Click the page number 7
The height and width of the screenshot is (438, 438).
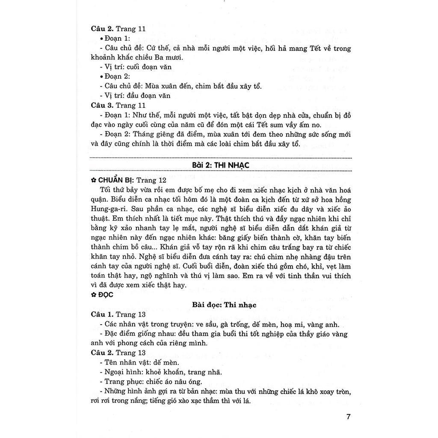click(349, 417)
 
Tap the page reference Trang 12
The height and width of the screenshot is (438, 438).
click(151, 180)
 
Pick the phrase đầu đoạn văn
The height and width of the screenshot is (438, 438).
click(148, 95)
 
